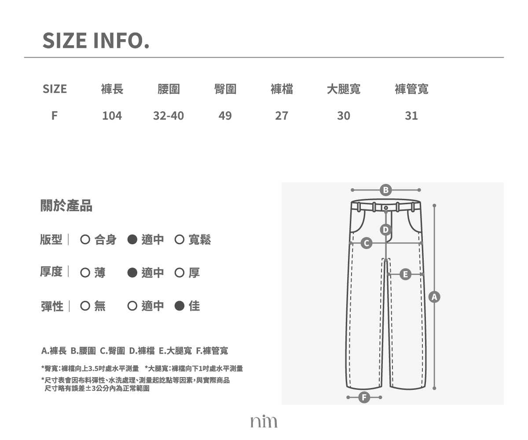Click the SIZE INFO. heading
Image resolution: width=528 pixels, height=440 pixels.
96,40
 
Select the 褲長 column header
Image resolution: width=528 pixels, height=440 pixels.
112,89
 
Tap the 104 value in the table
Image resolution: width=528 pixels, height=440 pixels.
112,116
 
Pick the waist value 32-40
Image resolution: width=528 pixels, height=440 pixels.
169,116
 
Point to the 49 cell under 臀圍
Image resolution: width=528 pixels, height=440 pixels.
225,116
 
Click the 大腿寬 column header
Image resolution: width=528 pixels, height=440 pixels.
344,89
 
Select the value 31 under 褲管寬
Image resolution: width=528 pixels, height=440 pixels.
411,116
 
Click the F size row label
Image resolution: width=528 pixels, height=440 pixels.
55,116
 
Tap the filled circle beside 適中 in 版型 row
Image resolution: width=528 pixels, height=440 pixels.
132,239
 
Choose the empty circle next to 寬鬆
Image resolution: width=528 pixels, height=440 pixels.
179,239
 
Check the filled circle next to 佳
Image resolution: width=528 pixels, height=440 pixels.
179,306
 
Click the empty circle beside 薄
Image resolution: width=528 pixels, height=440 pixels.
85,273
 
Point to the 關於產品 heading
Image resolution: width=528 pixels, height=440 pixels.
66,205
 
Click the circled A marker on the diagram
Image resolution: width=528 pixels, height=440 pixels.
434,297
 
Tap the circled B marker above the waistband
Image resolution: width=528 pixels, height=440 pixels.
385,190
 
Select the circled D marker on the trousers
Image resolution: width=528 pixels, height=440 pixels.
385,230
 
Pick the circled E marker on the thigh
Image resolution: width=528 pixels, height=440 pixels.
405,275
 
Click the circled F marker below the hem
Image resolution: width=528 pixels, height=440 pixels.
364,397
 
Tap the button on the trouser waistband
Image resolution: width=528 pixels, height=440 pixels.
386,208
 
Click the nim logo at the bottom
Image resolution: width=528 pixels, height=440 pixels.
264,421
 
